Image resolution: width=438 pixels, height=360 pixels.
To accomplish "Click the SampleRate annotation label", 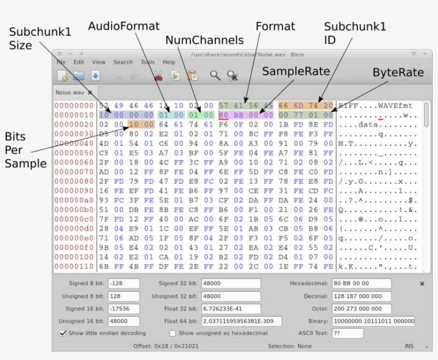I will coord(295,72).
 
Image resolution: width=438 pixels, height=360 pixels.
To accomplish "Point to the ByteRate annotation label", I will coord(398,72).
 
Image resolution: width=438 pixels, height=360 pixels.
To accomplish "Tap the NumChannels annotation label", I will coord(204,40).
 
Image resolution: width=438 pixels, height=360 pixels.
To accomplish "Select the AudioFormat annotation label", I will coord(123,26).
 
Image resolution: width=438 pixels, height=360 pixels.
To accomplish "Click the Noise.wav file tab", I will coord(71,92).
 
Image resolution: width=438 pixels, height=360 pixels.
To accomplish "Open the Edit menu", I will coord(79,62).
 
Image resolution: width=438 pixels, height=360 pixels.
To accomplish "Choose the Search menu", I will coord(123,62).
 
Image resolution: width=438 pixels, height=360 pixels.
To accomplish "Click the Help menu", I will coord(169,62).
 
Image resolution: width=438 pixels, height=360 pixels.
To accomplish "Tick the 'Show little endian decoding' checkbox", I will coord(64,333).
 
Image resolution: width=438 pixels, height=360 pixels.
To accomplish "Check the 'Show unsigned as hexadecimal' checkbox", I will coord(173,333).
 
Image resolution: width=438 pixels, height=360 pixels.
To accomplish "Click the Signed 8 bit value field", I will coord(123,283).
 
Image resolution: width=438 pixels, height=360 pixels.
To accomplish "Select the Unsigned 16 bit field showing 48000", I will coord(123,322).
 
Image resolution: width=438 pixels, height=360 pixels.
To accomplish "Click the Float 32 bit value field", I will coord(231,309).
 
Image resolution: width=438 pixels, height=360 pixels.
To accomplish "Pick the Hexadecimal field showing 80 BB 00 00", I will coord(361,283).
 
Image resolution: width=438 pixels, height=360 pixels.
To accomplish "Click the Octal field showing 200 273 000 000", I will coord(361,309).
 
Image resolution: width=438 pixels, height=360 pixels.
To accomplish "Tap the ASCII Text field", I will coord(347,333).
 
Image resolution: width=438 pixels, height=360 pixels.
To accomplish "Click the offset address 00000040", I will coord(74,143).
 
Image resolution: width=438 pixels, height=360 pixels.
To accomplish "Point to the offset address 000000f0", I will coord(74,247).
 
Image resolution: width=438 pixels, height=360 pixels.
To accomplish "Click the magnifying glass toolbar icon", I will coord(215,76).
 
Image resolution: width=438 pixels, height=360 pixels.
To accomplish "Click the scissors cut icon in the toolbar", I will coord(158,76).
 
